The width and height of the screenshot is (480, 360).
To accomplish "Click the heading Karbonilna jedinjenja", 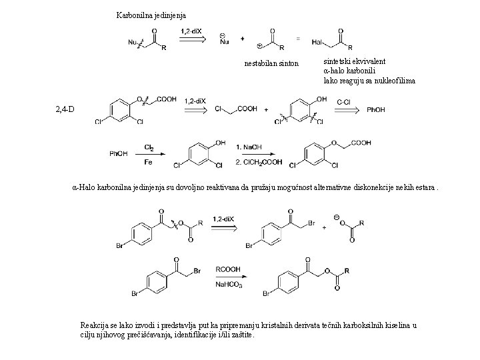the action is tap(151, 15).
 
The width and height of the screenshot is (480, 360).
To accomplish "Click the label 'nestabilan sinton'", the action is tap(271, 63).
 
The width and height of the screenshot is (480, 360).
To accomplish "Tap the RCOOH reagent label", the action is tap(226, 269).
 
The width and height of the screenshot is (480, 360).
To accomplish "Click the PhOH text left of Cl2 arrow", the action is tap(119, 155).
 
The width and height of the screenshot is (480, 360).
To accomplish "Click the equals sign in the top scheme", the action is tap(298, 38).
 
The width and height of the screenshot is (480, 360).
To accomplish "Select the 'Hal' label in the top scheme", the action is tap(319, 42).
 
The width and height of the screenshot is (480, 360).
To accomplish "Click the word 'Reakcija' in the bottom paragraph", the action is tap(96, 324).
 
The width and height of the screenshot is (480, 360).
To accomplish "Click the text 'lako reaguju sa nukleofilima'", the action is tap(369, 80).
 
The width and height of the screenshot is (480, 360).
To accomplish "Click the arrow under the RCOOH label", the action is tap(226, 278).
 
